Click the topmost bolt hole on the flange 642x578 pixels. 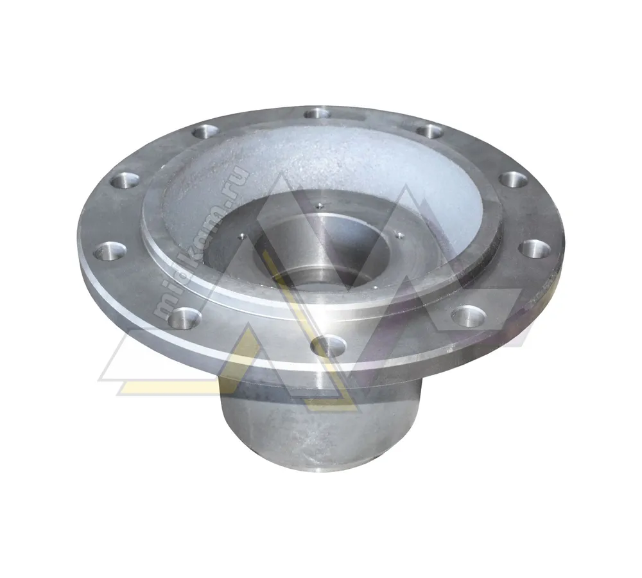(x=318, y=113)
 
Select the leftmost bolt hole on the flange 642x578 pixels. (x=110, y=250)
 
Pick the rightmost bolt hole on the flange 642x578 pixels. (x=537, y=249)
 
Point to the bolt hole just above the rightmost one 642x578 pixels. (x=514, y=180)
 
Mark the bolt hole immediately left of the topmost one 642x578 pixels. (x=206, y=132)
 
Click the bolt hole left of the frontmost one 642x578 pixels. (x=185, y=317)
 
